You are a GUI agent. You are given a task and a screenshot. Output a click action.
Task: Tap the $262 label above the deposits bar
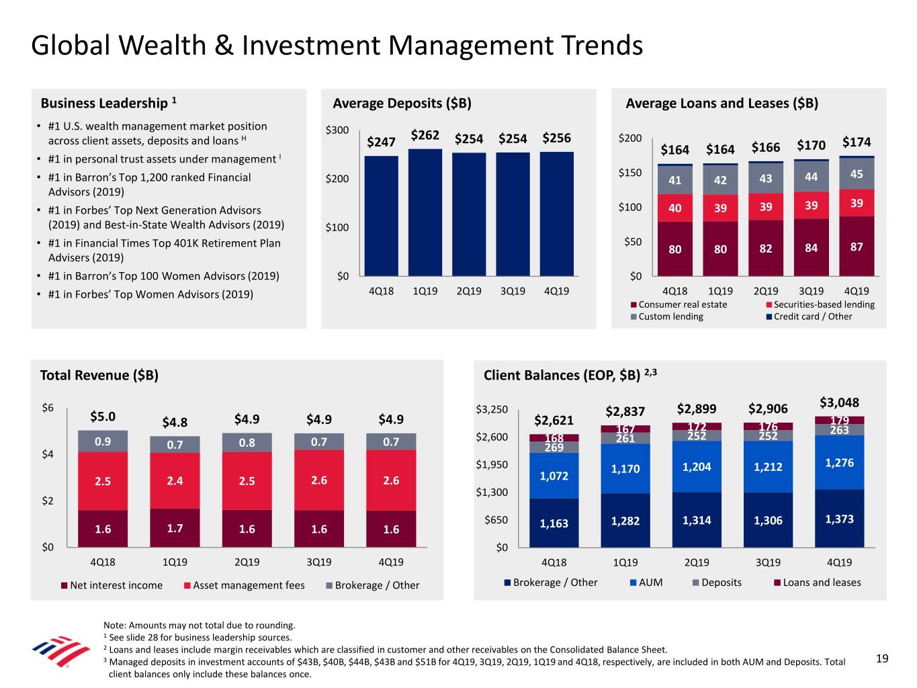pyautogui.click(x=425, y=135)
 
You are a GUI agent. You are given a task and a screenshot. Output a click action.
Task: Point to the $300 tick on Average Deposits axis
pyautogui.click(x=337, y=130)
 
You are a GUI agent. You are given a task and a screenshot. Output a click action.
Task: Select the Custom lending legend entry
pyautogui.click(x=670, y=316)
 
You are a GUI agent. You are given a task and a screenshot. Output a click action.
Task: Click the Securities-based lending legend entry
pyautogui.click(x=824, y=304)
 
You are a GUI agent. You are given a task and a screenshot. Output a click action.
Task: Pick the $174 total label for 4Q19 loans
pyautogui.click(x=856, y=142)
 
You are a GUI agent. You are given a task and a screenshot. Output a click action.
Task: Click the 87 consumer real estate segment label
pyautogui.click(x=857, y=247)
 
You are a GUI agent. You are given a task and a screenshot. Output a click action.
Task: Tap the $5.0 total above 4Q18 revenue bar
pyautogui.click(x=103, y=417)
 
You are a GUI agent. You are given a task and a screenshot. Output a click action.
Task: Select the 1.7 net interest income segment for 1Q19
pyautogui.click(x=175, y=528)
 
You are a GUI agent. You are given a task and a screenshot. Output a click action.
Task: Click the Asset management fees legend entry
pyautogui.click(x=249, y=585)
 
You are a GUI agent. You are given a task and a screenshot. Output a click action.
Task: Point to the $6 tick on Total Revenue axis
pyautogui.click(x=48, y=408)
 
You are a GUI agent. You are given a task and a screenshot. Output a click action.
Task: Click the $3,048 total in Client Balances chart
pyautogui.click(x=839, y=402)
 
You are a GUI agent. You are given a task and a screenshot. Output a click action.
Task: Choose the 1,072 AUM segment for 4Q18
pyautogui.click(x=554, y=476)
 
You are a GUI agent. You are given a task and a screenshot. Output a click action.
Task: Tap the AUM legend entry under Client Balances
pyautogui.click(x=650, y=583)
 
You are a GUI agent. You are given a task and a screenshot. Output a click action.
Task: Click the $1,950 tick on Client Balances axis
pyautogui.click(x=492, y=465)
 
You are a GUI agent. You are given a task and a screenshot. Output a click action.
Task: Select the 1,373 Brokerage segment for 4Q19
pyautogui.click(x=839, y=519)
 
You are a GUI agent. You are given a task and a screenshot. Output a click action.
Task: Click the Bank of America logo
pyautogui.click(x=60, y=650)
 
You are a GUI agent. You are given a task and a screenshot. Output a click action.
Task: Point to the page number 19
pyautogui.click(x=882, y=658)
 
